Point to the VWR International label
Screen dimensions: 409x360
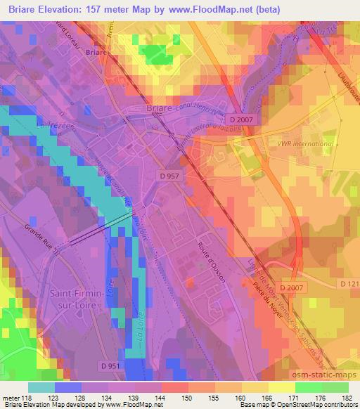tap(304, 144)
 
